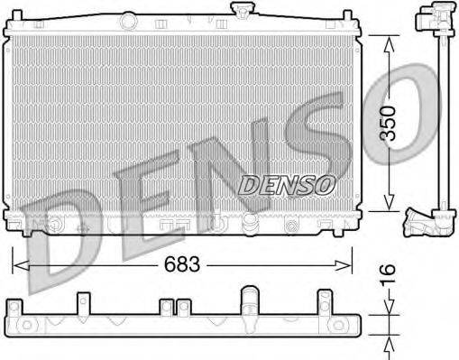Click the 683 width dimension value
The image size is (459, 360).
[180, 265]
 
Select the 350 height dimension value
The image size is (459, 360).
[387, 123]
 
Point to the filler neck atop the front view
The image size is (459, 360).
[241, 11]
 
